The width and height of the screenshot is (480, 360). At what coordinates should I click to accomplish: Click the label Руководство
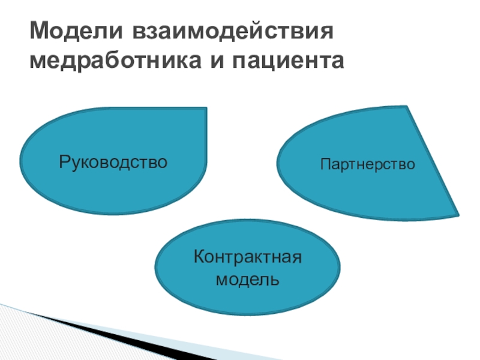click(x=113, y=161)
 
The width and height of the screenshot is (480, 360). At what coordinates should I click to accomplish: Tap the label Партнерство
click(x=367, y=163)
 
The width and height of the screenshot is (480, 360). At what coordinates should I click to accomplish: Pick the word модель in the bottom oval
click(x=247, y=280)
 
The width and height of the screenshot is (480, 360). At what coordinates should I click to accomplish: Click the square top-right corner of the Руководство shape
click(x=206, y=109)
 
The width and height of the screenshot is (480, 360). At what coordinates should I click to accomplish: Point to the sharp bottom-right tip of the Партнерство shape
click(x=458, y=215)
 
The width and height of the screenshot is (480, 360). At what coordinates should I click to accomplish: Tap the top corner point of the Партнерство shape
click(x=408, y=107)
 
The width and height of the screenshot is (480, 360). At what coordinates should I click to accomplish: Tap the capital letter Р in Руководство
click(x=63, y=161)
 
